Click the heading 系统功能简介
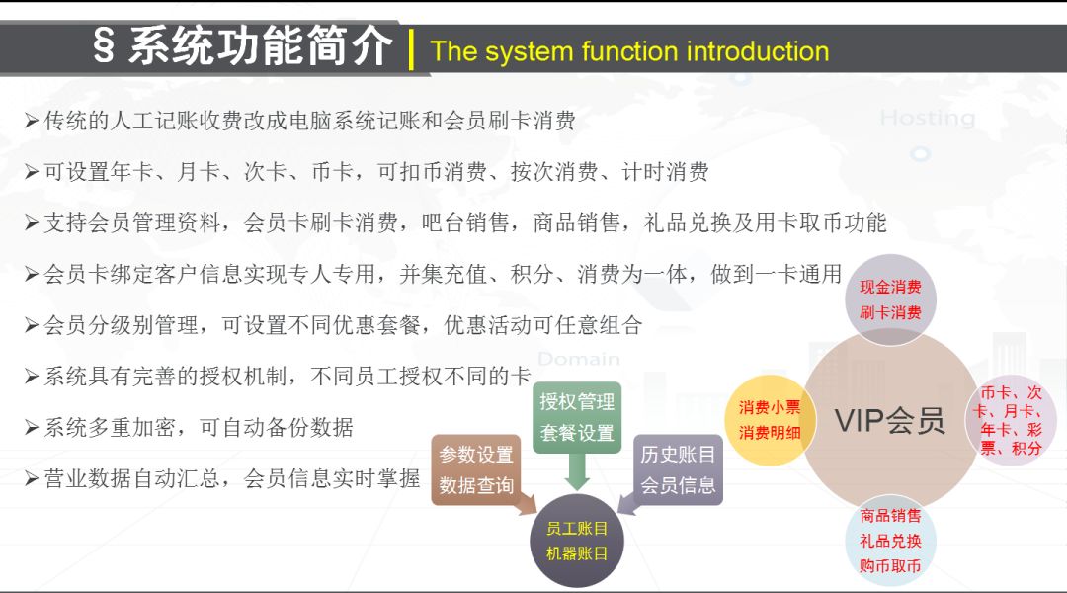pos(260,46)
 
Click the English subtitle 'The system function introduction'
pos(629,51)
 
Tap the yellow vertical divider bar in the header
pos(411,49)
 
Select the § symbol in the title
pos(104,47)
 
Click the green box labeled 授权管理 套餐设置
pos(577,417)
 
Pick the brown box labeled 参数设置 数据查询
pos(475,469)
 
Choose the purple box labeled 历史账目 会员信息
pos(678,469)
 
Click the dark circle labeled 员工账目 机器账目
pos(577,541)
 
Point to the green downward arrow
pos(577,471)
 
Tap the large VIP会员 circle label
pos(890,420)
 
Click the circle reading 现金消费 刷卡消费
pos(890,299)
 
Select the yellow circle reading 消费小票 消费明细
pos(770,420)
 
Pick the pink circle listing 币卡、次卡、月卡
pos(1011,420)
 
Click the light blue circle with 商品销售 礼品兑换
pos(890,541)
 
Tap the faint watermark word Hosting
pos(928,119)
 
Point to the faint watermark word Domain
pos(579,359)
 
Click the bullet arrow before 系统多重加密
pos(32,428)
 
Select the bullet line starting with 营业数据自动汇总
pos(222,478)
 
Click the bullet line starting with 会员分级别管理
pos(334,325)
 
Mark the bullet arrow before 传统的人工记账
pos(32,122)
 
